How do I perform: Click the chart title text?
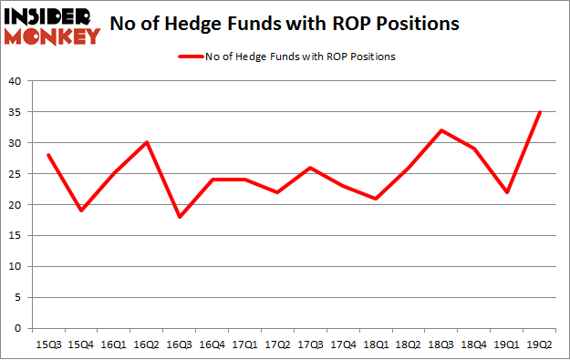295,25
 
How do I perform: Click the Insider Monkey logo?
53,25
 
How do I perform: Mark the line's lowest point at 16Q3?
179,217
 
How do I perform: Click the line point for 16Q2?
146,143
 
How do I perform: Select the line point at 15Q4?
81,211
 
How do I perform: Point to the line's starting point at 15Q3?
48,155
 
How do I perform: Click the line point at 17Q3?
309,168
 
